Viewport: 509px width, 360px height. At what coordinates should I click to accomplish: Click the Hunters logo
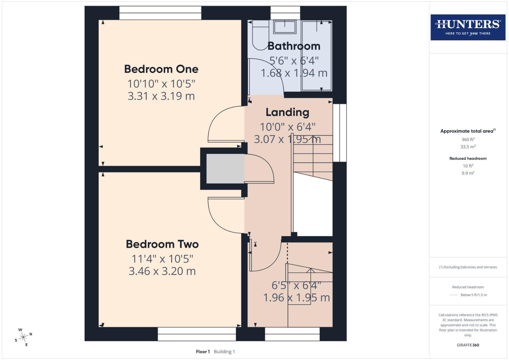click(x=468, y=27)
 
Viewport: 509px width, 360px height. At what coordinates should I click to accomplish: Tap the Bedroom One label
click(x=161, y=69)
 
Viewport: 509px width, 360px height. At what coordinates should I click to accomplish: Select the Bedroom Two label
click(x=162, y=244)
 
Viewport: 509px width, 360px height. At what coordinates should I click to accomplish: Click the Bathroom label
click(x=294, y=46)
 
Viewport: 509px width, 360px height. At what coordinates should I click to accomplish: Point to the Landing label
click(x=287, y=112)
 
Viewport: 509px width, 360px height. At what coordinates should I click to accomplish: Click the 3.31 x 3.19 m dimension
click(x=161, y=96)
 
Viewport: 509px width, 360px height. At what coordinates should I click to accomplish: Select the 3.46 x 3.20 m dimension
click(x=162, y=271)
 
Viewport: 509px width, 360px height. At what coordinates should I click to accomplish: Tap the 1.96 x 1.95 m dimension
click(x=296, y=297)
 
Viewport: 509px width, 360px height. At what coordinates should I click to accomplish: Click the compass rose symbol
click(x=23, y=337)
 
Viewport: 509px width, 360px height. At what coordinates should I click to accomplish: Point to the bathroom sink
click(x=285, y=27)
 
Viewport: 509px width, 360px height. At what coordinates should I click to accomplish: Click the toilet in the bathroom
click(x=260, y=35)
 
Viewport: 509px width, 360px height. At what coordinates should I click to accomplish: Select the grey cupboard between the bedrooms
click(x=225, y=168)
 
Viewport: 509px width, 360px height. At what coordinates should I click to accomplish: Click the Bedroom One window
click(x=160, y=13)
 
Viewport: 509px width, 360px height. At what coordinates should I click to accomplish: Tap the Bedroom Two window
click(x=197, y=334)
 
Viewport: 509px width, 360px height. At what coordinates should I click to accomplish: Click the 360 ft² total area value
click(x=468, y=139)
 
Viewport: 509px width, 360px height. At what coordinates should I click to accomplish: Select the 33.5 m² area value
click(x=468, y=147)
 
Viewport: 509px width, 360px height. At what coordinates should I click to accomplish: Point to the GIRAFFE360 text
click(x=468, y=345)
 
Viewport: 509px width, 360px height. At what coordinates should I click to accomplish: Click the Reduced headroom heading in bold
click(x=468, y=158)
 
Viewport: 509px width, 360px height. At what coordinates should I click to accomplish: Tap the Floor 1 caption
click(x=203, y=352)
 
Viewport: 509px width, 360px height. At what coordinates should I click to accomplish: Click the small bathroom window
click(x=285, y=13)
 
